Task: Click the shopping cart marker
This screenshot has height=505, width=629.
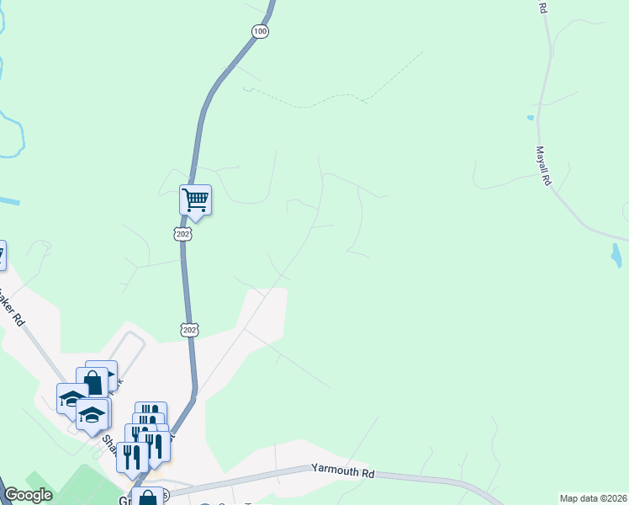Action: tap(195, 199)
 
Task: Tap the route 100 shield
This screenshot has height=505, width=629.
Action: tap(260, 31)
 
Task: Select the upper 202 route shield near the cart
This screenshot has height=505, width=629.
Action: tap(184, 233)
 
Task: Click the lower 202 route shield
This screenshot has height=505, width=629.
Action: tap(190, 329)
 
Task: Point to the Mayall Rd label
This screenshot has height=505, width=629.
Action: tap(543, 167)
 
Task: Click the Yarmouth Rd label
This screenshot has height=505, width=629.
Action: tap(342, 470)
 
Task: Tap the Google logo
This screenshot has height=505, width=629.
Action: tap(28, 496)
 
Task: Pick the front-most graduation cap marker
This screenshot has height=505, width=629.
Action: tap(92, 415)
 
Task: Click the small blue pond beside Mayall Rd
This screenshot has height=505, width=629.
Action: tap(530, 117)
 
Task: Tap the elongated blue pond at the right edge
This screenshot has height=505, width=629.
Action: tap(616, 256)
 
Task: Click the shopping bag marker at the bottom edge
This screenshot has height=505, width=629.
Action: tap(147, 497)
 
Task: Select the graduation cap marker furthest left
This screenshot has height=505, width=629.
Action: tap(71, 398)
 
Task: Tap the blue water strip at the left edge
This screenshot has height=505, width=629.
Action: tap(8, 202)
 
